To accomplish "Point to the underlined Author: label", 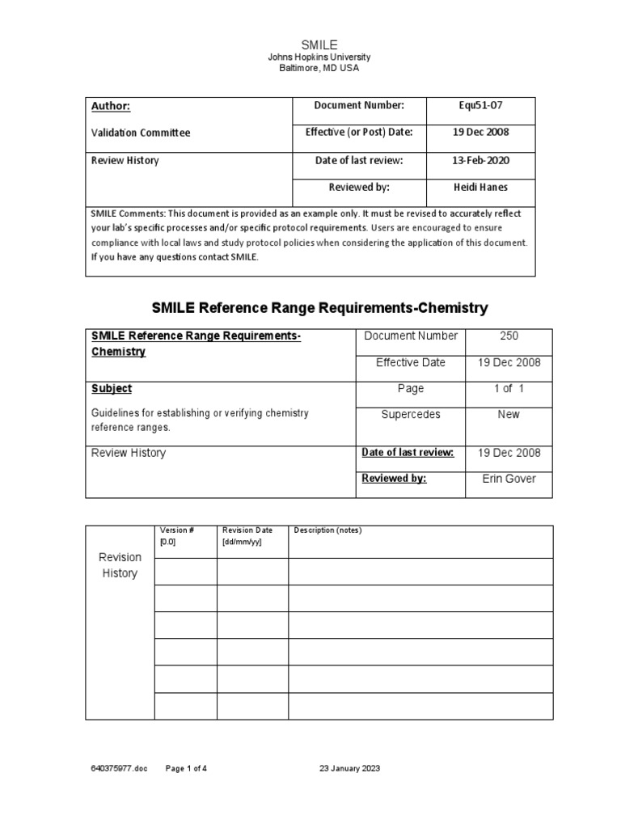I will point(110,106).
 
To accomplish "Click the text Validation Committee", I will point(141,133).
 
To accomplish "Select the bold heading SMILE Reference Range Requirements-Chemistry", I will point(320,308).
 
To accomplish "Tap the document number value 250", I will point(509,336).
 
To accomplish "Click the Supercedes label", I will point(411,414).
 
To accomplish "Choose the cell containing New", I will point(509,414).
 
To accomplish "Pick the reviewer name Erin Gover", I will point(509,479).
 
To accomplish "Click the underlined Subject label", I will point(112,388).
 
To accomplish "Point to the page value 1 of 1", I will point(509,388).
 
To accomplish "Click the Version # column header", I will point(176,530).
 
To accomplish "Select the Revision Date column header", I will point(247,530).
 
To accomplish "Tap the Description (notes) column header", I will point(327,530).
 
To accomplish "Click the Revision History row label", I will point(120,565).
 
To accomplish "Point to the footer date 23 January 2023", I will point(349,768).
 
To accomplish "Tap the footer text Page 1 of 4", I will point(186,768).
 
